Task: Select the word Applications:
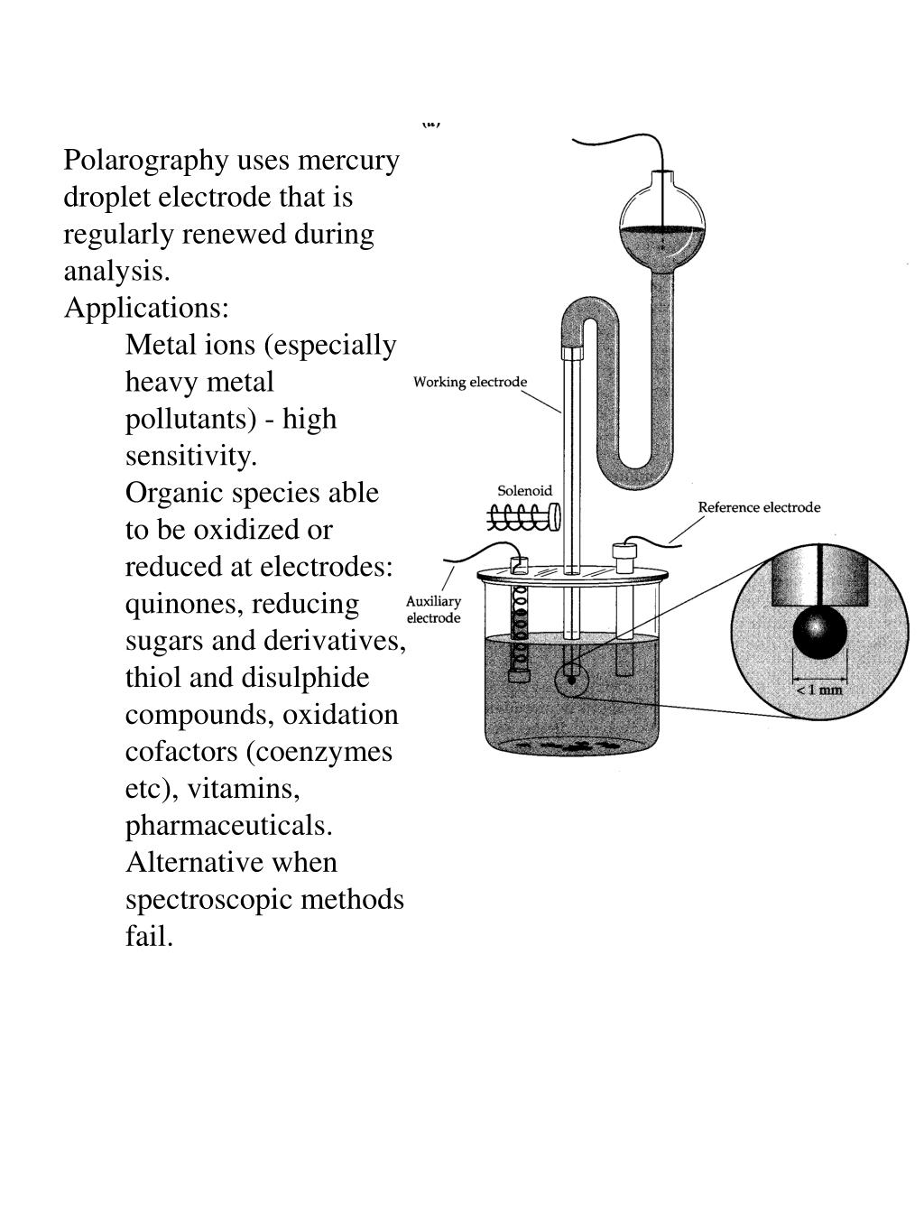146,308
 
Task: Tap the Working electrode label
470,382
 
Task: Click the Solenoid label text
524,491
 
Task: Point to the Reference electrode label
759,507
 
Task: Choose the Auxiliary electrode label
433,609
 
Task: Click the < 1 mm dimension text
819,690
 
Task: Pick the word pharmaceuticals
228,826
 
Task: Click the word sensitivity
190,456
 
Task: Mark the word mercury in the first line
348,161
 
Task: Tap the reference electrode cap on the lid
624,551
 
